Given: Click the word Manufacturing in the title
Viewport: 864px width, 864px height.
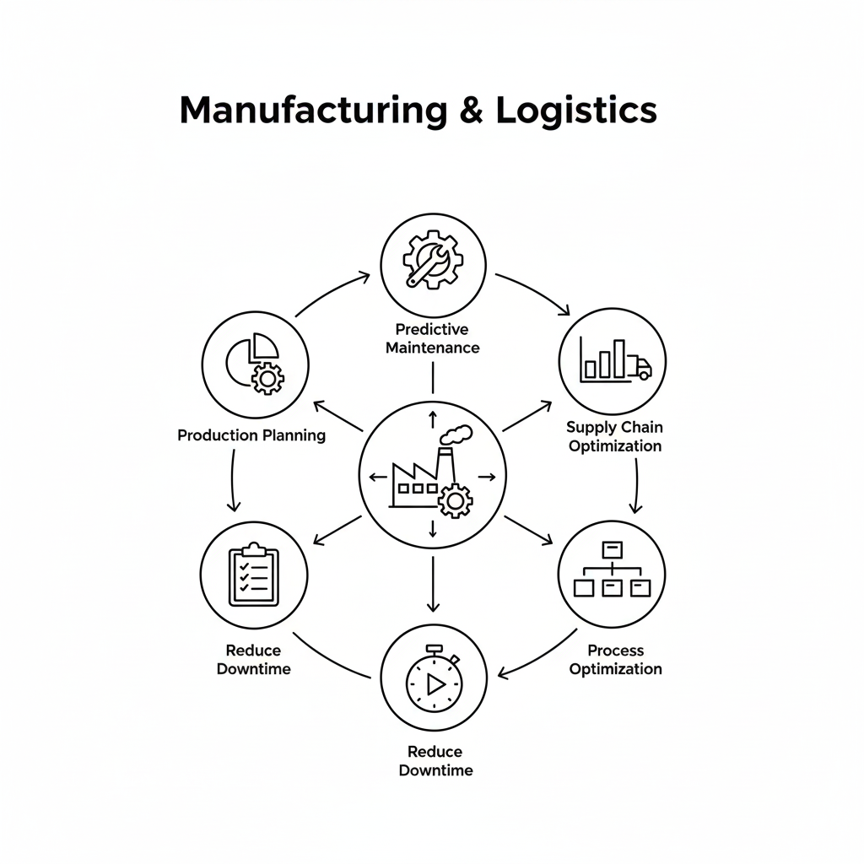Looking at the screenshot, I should click(x=313, y=111).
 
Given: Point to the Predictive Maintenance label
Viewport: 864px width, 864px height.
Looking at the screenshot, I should click(x=432, y=337).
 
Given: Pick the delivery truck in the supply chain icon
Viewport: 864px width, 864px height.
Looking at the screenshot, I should click(x=640, y=367).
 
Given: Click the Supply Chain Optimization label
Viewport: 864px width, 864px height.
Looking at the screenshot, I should click(x=614, y=436).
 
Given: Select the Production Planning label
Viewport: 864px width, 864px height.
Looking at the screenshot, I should click(x=251, y=435).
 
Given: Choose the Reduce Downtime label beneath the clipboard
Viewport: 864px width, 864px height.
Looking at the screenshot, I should click(x=253, y=660).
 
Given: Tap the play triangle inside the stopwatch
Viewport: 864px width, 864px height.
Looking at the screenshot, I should click(x=435, y=683).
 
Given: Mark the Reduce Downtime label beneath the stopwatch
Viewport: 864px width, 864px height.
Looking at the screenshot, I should click(x=435, y=761).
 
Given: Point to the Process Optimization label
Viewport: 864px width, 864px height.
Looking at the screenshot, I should click(x=615, y=660).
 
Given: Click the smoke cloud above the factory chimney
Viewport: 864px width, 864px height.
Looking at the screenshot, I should click(x=456, y=435).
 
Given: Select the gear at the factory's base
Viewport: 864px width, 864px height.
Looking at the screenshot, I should click(x=456, y=500).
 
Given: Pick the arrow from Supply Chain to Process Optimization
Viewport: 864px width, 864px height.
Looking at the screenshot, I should click(x=636, y=487).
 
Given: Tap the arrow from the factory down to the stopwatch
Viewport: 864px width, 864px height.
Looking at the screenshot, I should click(x=433, y=582).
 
